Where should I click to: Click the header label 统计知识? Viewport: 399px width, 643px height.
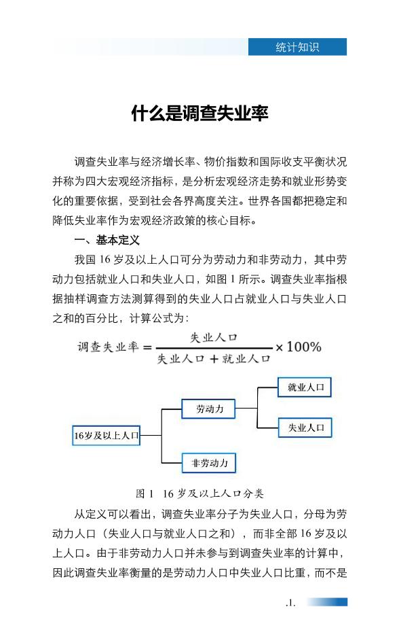click(297, 47)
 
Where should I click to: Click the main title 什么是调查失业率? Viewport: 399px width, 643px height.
click(199, 114)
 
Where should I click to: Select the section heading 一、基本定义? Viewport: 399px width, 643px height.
click(107, 240)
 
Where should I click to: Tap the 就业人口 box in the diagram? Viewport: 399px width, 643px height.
click(305, 387)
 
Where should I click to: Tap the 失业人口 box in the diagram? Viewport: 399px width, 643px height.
click(305, 428)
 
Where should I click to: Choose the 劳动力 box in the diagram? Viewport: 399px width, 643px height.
click(208, 409)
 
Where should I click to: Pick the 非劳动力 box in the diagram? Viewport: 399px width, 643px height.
click(209, 463)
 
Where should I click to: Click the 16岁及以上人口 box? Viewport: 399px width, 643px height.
click(107, 435)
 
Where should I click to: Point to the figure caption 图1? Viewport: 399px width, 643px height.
click(145, 493)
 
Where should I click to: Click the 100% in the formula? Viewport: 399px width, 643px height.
click(304, 347)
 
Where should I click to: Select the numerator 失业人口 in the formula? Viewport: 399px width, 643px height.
click(214, 338)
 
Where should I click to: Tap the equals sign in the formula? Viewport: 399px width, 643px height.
click(147, 348)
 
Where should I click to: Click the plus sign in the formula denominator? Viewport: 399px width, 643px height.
click(214, 360)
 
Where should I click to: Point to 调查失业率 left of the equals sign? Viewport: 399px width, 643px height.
click(108, 347)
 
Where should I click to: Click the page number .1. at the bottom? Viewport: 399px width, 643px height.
click(290, 602)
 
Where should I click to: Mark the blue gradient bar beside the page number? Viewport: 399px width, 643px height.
click(326, 602)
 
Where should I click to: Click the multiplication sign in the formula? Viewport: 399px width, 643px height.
click(279, 348)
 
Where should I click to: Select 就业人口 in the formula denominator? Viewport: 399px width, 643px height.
click(246, 359)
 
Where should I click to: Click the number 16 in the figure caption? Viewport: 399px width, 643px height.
click(168, 493)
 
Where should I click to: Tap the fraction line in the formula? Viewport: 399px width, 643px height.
click(214, 348)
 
